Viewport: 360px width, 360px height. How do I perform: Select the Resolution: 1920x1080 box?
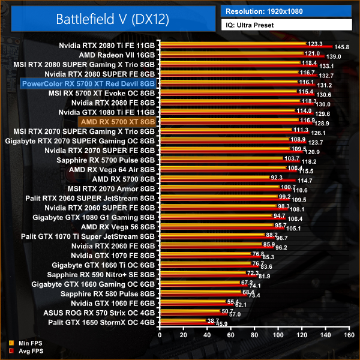pyautogui.click(x=286, y=11)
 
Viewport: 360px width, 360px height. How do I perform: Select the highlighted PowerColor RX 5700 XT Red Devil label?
pyautogui.click(x=88, y=83)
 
